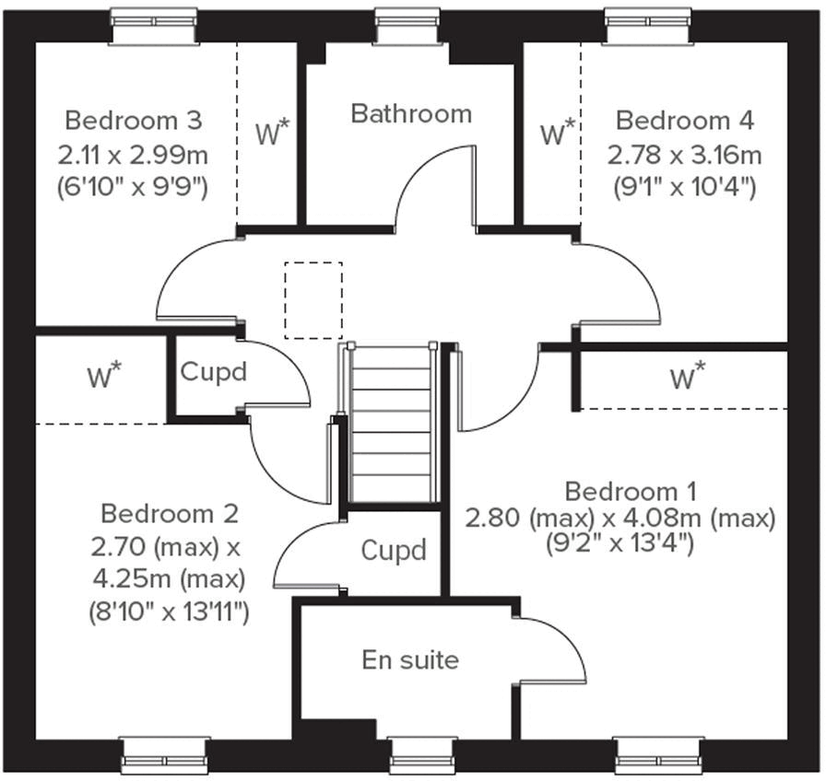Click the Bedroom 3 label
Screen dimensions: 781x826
pyautogui.click(x=134, y=121)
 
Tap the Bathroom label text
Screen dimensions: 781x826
pyautogui.click(x=411, y=113)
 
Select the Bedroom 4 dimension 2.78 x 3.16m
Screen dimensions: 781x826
pyautogui.click(x=684, y=154)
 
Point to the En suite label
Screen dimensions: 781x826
pyautogui.click(x=410, y=659)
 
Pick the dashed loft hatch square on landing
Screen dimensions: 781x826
pyautogui.click(x=313, y=299)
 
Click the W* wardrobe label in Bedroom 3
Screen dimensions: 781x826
pyautogui.click(x=272, y=134)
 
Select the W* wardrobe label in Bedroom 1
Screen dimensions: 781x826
pyautogui.click(x=688, y=377)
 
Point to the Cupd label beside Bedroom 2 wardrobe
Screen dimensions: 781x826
pyautogui.click(x=213, y=372)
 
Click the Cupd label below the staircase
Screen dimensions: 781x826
pyautogui.click(x=394, y=551)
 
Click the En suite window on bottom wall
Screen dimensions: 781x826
pyautogui.click(x=417, y=754)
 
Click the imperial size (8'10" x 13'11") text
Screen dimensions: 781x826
pyautogui.click(x=169, y=612)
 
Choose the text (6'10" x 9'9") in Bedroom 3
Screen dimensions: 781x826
pyautogui.click(x=134, y=187)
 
